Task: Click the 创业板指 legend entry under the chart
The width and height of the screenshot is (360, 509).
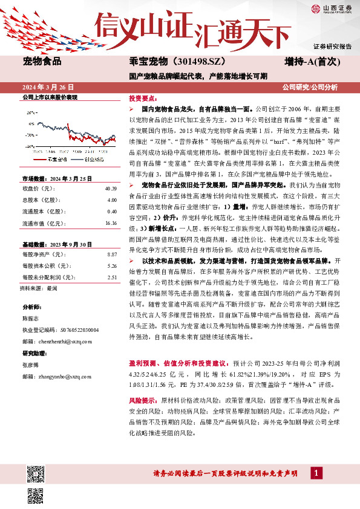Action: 91,158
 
